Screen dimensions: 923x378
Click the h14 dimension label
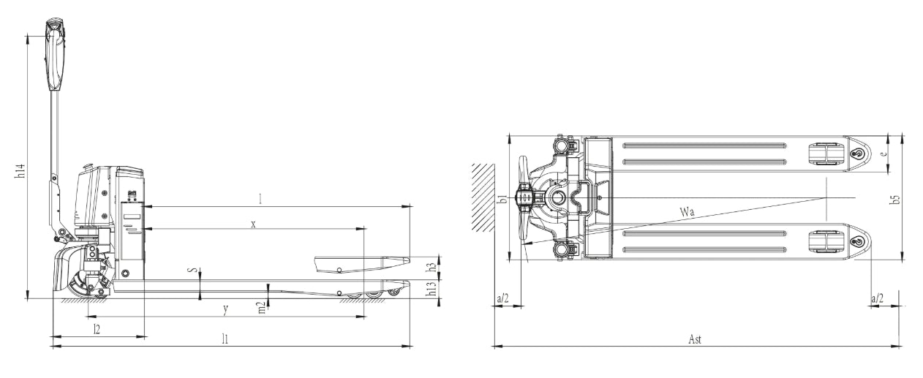click(x=20, y=171)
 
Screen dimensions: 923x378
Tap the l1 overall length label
click(x=225, y=339)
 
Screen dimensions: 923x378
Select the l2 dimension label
click(x=97, y=329)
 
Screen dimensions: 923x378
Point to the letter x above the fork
click(x=253, y=224)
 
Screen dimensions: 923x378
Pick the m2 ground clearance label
click(x=262, y=308)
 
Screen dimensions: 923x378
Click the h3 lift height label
click(x=432, y=266)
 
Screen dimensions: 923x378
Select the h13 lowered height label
click(x=432, y=289)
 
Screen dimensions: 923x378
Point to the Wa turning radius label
click(x=687, y=212)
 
